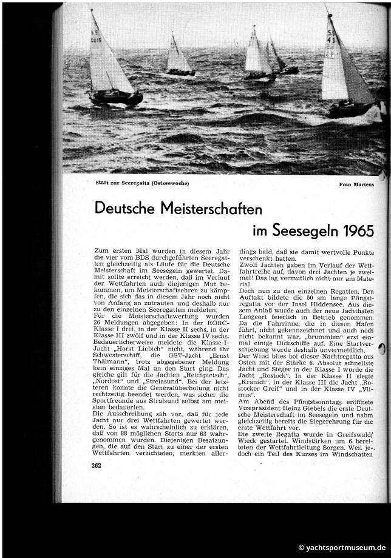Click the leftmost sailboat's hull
click(x=115, y=97)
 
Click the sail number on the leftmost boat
click(x=95, y=36)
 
